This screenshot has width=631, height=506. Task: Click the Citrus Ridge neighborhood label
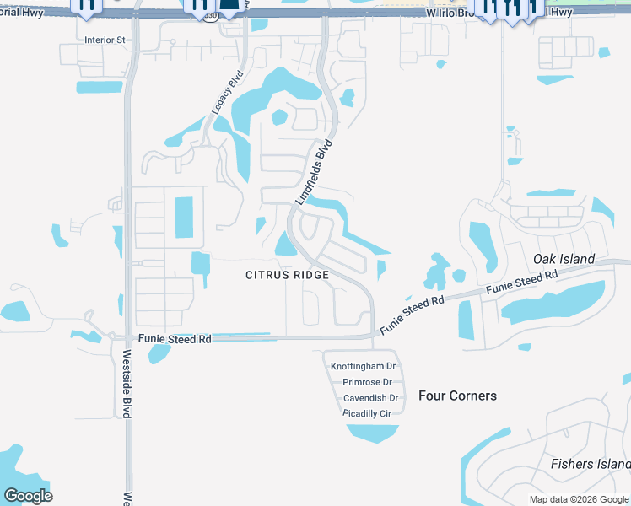(287, 275)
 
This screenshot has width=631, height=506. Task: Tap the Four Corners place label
(457, 396)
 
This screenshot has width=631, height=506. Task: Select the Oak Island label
(564, 259)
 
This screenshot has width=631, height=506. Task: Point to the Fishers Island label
(590, 464)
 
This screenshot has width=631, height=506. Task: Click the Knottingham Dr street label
(363, 366)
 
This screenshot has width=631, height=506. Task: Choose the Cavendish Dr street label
(370, 398)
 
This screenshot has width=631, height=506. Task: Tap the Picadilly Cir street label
(367, 413)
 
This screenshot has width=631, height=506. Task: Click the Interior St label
(105, 40)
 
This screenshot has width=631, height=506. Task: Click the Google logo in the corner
(28, 495)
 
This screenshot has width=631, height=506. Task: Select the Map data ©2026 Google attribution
(579, 499)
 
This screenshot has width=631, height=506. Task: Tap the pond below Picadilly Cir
(373, 433)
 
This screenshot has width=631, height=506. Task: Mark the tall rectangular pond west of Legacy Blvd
(183, 217)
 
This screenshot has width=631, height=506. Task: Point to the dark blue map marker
(229, 4)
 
